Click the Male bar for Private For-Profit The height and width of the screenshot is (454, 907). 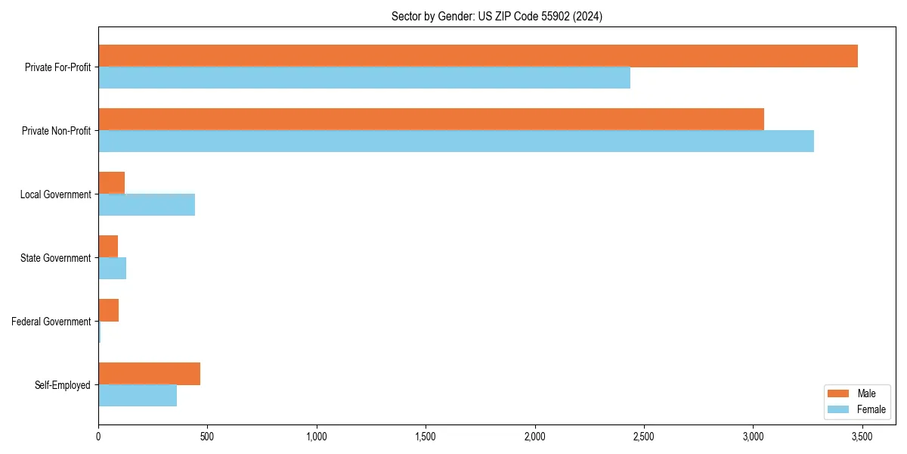[x=478, y=56]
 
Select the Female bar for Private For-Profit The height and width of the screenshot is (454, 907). [x=364, y=78]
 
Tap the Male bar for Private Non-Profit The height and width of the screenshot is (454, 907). [x=431, y=120]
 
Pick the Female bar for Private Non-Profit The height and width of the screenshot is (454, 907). [x=456, y=141]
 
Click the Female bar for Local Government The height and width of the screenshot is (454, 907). [x=147, y=205]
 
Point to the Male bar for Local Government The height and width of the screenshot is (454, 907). [x=111, y=183]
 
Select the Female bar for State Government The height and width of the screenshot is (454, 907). [x=112, y=269]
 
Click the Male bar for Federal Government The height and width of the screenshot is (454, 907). [x=108, y=310]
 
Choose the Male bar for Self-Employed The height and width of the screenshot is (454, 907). [x=149, y=374]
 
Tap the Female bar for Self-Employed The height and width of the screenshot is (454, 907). [x=138, y=396]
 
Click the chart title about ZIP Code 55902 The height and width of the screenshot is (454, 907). [x=497, y=16]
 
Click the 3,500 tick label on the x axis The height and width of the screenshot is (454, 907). [x=862, y=437]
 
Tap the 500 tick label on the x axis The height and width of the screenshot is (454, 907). [x=207, y=437]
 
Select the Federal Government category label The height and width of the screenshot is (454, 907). [x=51, y=322]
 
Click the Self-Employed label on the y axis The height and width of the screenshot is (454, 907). [x=63, y=385]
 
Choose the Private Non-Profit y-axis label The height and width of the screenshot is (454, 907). [x=56, y=131]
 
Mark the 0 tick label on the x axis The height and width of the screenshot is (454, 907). [x=98, y=437]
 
